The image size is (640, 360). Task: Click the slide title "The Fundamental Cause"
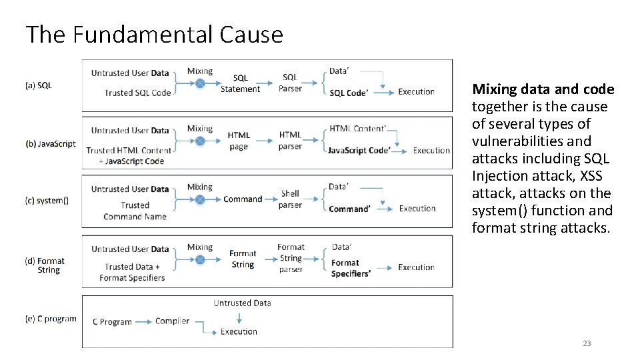(154, 35)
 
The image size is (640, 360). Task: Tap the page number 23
(587, 343)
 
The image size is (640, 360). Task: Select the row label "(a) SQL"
(39, 85)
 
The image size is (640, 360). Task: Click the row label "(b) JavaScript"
(51, 144)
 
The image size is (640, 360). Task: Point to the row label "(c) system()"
(47, 200)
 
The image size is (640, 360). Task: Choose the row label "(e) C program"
(51, 319)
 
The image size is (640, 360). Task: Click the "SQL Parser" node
(290, 83)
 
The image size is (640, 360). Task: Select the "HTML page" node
(239, 141)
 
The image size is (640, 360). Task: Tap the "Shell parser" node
(290, 199)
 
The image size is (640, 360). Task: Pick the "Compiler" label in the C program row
(172, 321)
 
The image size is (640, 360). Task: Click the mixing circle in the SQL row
(199, 83)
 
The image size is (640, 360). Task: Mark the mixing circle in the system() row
(199, 199)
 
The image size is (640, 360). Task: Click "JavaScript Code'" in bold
(359, 151)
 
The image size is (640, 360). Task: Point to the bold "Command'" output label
(349, 209)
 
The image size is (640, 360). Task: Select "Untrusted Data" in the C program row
(242, 303)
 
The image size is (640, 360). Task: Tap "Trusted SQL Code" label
(137, 93)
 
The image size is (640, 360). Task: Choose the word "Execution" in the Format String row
(416, 267)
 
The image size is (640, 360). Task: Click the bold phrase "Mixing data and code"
(543, 89)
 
